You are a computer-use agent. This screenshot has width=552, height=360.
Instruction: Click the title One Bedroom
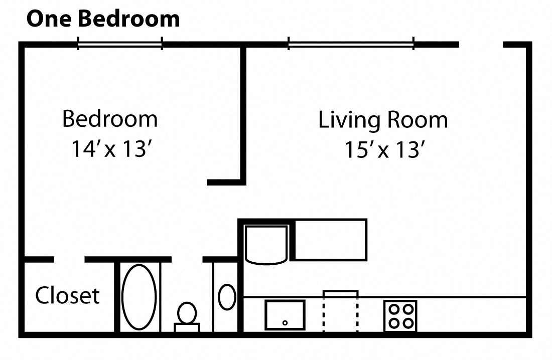[103, 19]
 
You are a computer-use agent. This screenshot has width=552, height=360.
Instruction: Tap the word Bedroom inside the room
[109, 119]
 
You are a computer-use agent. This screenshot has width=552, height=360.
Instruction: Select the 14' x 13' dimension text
[111, 149]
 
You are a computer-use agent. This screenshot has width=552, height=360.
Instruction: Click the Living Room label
[383, 120]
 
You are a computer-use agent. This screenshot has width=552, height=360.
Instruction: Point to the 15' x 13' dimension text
[385, 150]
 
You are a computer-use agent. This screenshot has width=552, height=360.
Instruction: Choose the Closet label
[67, 296]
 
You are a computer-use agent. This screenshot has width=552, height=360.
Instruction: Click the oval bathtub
[139, 297]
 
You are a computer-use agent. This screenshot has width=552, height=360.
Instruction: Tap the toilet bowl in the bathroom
[187, 313]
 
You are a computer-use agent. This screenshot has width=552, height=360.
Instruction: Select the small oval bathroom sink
[227, 296]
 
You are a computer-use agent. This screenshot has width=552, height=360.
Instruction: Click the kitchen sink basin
[285, 314]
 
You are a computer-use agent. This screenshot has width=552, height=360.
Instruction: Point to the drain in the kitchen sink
[285, 323]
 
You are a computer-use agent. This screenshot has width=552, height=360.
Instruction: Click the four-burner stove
[400, 315]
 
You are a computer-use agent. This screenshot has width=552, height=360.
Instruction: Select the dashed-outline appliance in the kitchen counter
[340, 311]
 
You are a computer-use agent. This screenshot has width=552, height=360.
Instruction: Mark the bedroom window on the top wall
[119, 45]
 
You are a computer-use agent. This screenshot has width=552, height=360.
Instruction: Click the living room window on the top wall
[350, 45]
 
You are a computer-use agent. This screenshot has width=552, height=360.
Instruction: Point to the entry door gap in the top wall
[481, 45]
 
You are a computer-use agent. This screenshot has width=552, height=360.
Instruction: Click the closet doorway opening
[69, 259]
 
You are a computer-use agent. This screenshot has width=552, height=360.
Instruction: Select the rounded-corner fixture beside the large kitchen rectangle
[266, 244]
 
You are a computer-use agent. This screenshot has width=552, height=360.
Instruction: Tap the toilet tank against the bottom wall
[187, 327]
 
